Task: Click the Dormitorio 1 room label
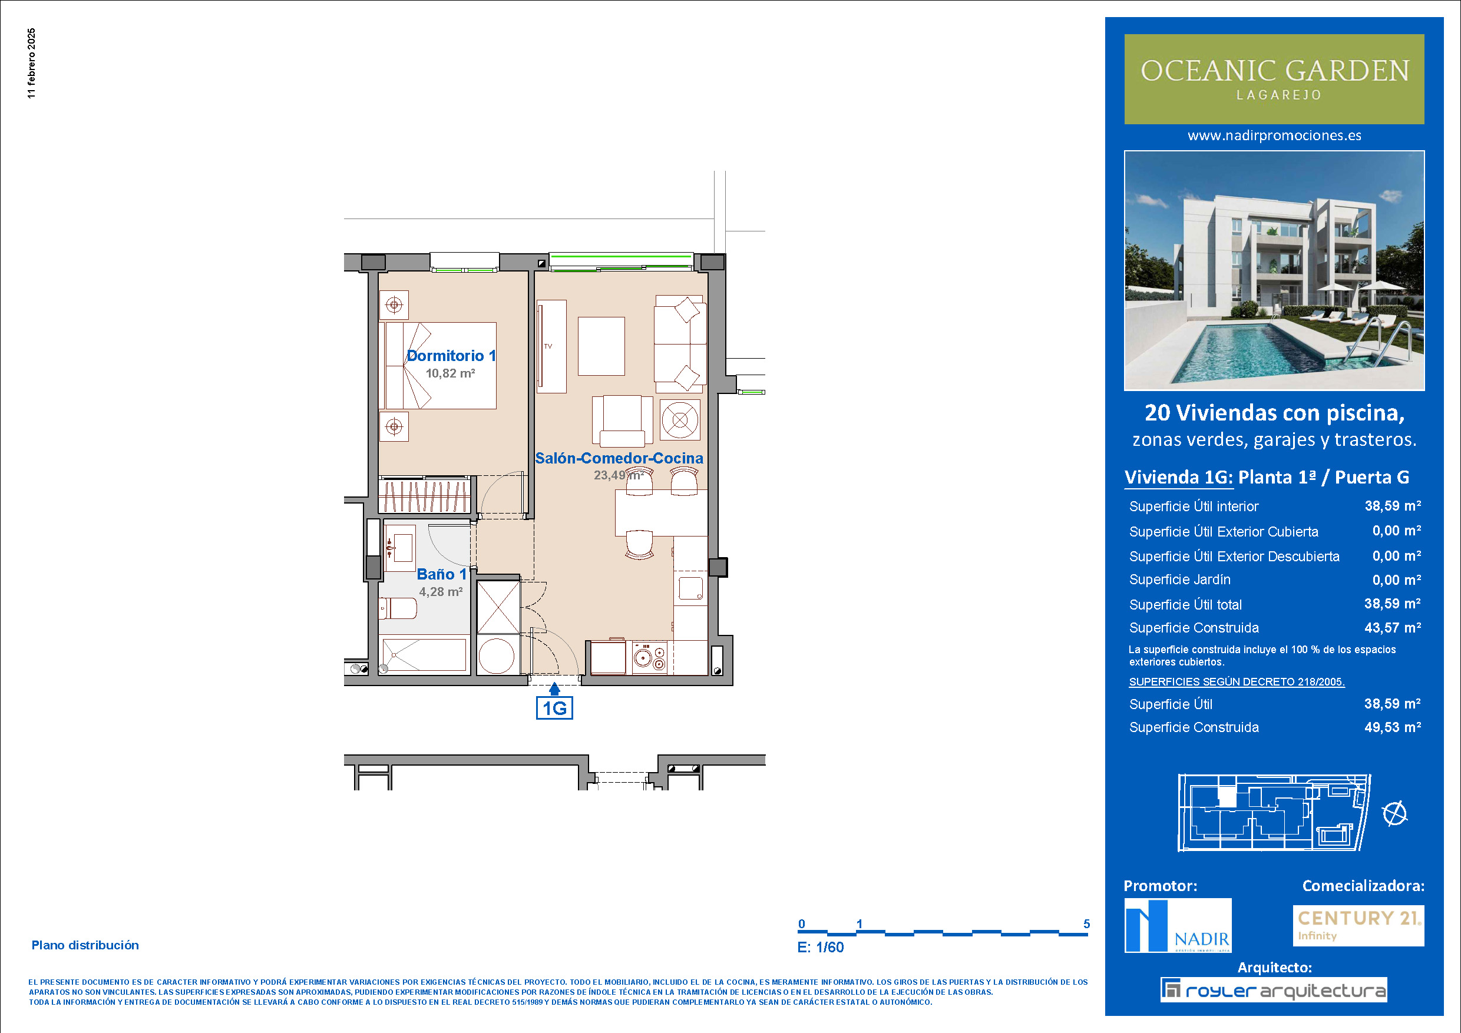point(451,356)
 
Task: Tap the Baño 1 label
point(442,574)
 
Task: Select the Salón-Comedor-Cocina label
point(619,458)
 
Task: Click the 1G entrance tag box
point(554,708)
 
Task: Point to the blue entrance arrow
point(554,688)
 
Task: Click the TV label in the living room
point(548,347)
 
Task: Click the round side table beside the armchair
point(680,420)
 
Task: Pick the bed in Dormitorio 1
point(437,366)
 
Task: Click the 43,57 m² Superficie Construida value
point(1393,628)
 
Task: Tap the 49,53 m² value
point(1393,727)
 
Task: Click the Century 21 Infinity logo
point(1358,925)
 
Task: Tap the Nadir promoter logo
point(1178,925)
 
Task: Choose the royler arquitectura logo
point(1273,990)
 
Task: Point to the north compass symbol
point(1395,813)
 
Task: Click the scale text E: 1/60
point(821,947)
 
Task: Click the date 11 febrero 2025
point(32,64)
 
